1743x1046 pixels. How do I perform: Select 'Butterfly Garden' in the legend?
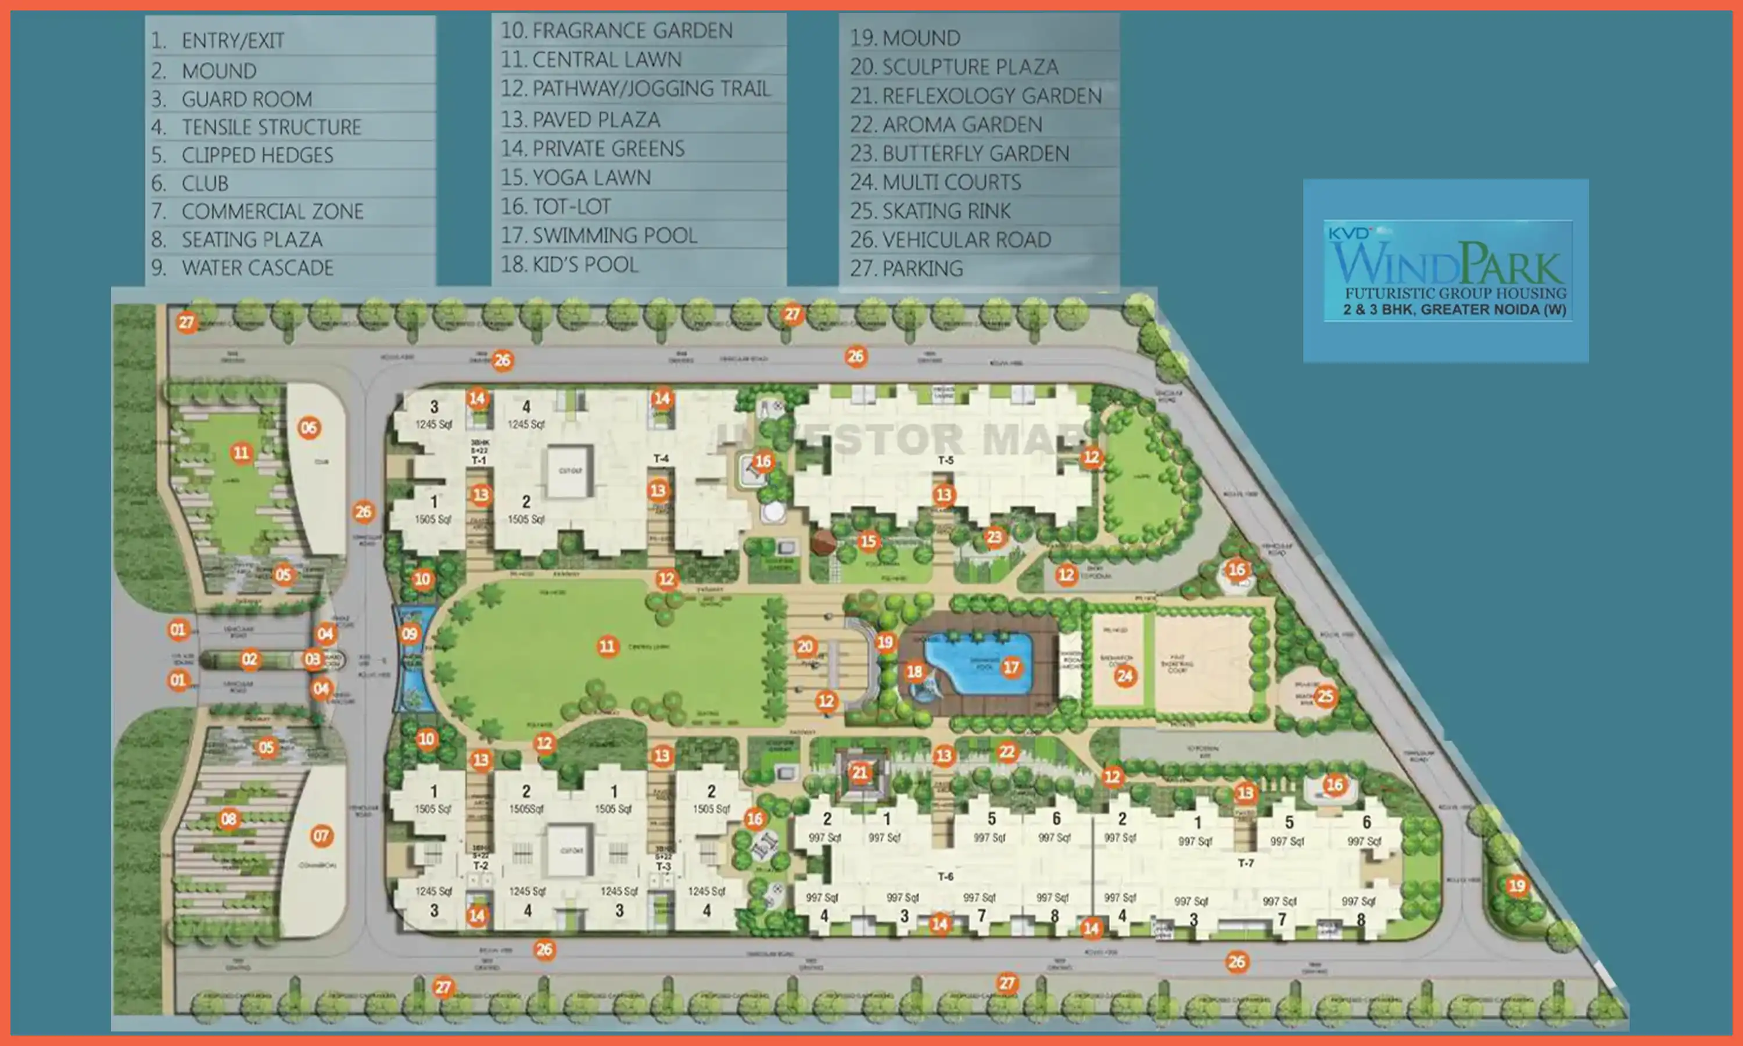click(960, 153)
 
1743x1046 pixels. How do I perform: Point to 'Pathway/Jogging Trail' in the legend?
click(636, 89)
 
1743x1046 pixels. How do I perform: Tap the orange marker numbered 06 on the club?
click(309, 428)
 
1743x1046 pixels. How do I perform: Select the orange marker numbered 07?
click(321, 836)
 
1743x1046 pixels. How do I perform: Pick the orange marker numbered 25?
click(1325, 696)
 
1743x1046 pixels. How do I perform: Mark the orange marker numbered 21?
click(859, 772)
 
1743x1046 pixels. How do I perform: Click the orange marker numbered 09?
click(410, 633)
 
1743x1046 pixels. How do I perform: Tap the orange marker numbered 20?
click(805, 646)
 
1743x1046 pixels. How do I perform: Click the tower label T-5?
click(945, 460)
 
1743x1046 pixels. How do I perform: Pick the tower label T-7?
click(1246, 863)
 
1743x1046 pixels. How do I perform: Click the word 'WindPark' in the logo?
click(1448, 264)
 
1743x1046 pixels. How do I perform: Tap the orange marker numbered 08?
click(228, 819)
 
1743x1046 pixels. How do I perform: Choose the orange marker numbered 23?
click(994, 537)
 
